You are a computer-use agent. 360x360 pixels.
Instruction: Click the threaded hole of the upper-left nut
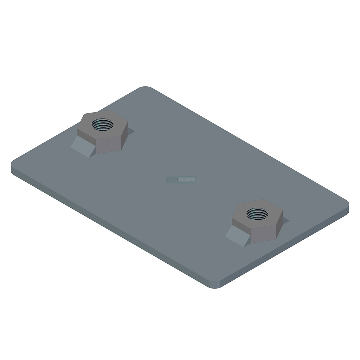(103, 124)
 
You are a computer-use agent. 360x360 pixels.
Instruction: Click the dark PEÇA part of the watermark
(172, 180)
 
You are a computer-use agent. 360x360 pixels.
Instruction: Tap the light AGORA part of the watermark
(186, 180)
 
